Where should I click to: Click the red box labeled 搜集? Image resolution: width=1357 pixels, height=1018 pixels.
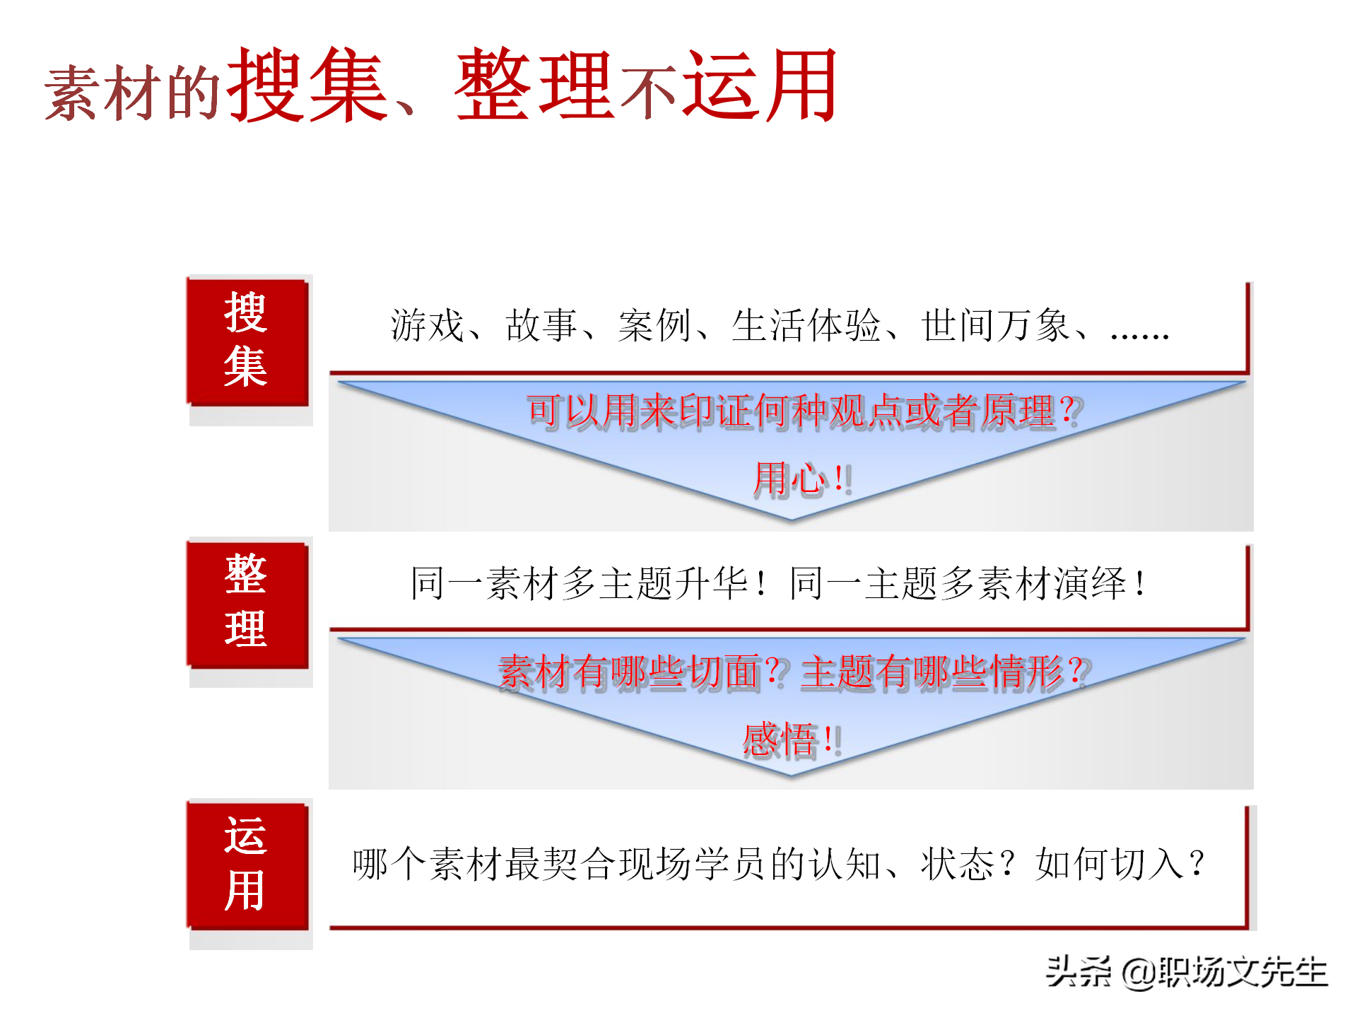(247, 341)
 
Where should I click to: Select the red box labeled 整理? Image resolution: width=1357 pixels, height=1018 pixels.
(247, 603)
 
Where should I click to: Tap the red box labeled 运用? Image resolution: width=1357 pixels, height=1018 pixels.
(247, 865)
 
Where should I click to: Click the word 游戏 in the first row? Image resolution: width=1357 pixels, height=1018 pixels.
(427, 326)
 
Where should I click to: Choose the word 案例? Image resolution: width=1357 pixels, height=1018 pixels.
(654, 326)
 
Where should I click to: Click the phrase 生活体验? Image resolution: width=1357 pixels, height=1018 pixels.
(806, 326)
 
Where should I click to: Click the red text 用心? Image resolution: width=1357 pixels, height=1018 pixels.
(802, 479)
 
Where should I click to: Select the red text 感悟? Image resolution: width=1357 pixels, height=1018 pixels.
(792, 740)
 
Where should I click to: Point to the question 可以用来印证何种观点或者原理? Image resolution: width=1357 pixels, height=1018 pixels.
(804, 411)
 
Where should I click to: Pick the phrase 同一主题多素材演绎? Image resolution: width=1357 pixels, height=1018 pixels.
(969, 584)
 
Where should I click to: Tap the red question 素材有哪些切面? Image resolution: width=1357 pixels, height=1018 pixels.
(640, 672)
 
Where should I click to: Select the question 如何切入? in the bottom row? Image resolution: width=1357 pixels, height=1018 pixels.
(1120, 864)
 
